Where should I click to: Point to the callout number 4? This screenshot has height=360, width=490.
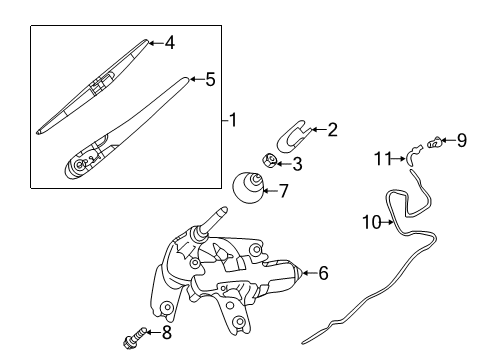(170, 43)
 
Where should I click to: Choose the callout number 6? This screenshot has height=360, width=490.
(323, 272)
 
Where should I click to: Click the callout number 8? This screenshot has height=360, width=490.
(166, 332)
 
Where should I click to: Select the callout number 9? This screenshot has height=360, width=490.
(462, 140)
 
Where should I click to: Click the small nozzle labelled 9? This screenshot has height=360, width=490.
(435, 144)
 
